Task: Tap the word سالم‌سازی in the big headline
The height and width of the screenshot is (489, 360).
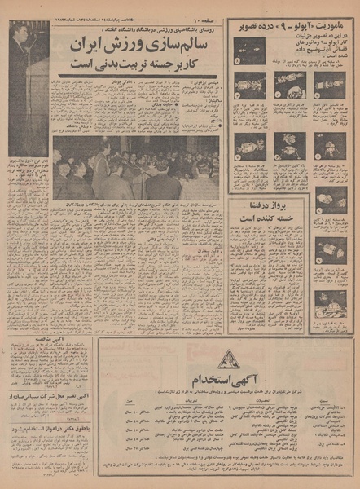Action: [183, 43]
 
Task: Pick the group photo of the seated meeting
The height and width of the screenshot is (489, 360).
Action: [135, 167]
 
